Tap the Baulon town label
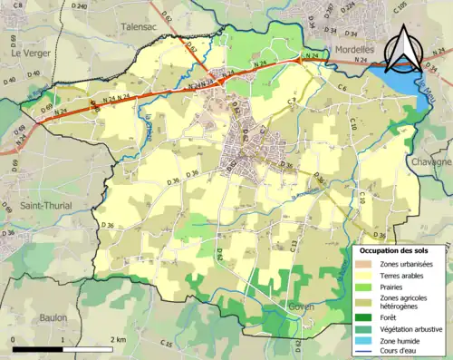click(58, 317)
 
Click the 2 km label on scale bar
click(118, 339)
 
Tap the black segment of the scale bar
click(37, 349)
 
